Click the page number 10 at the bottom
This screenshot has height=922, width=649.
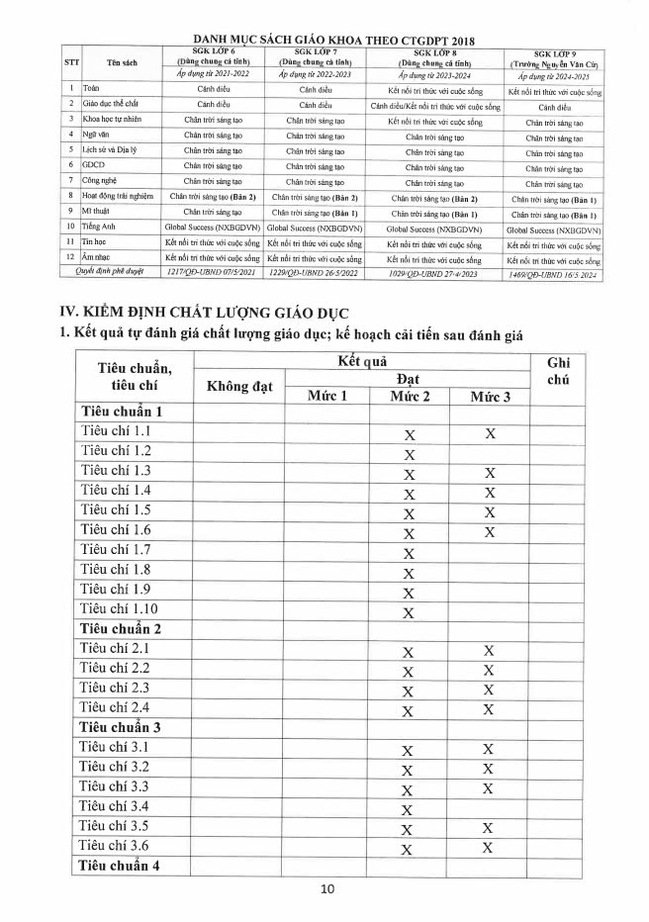coord(327,888)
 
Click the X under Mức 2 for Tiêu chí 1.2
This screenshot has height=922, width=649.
coord(408,454)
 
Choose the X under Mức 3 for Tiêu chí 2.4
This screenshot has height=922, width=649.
coord(489,709)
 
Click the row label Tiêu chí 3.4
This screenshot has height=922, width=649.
coord(115,806)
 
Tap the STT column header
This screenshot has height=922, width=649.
coord(72,62)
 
